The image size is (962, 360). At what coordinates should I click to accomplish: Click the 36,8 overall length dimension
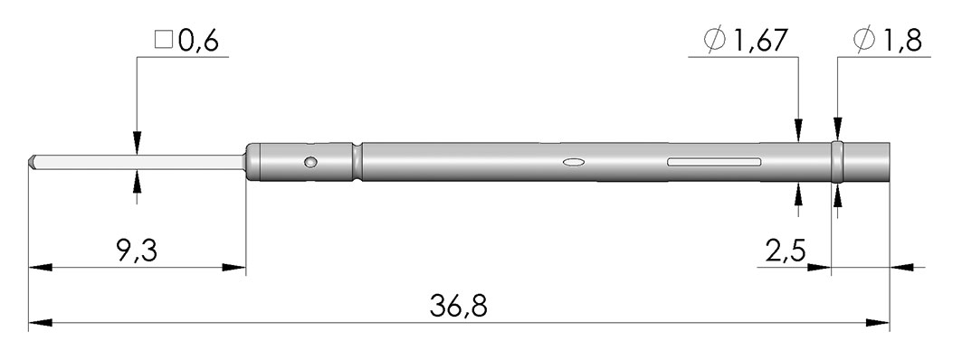(458, 307)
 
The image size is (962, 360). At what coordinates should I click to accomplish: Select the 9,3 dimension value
(137, 251)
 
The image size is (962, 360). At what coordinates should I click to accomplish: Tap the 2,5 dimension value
(786, 251)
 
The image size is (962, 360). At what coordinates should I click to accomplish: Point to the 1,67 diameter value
(757, 42)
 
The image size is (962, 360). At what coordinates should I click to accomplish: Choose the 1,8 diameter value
(902, 42)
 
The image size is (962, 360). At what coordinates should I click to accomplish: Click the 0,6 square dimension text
(198, 42)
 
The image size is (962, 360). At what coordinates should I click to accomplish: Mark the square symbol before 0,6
(163, 41)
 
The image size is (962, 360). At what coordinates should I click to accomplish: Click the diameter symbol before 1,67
(715, 41)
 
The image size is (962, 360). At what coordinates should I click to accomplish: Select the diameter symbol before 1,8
(864, 41)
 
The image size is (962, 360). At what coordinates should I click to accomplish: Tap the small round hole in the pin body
(311, 162)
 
